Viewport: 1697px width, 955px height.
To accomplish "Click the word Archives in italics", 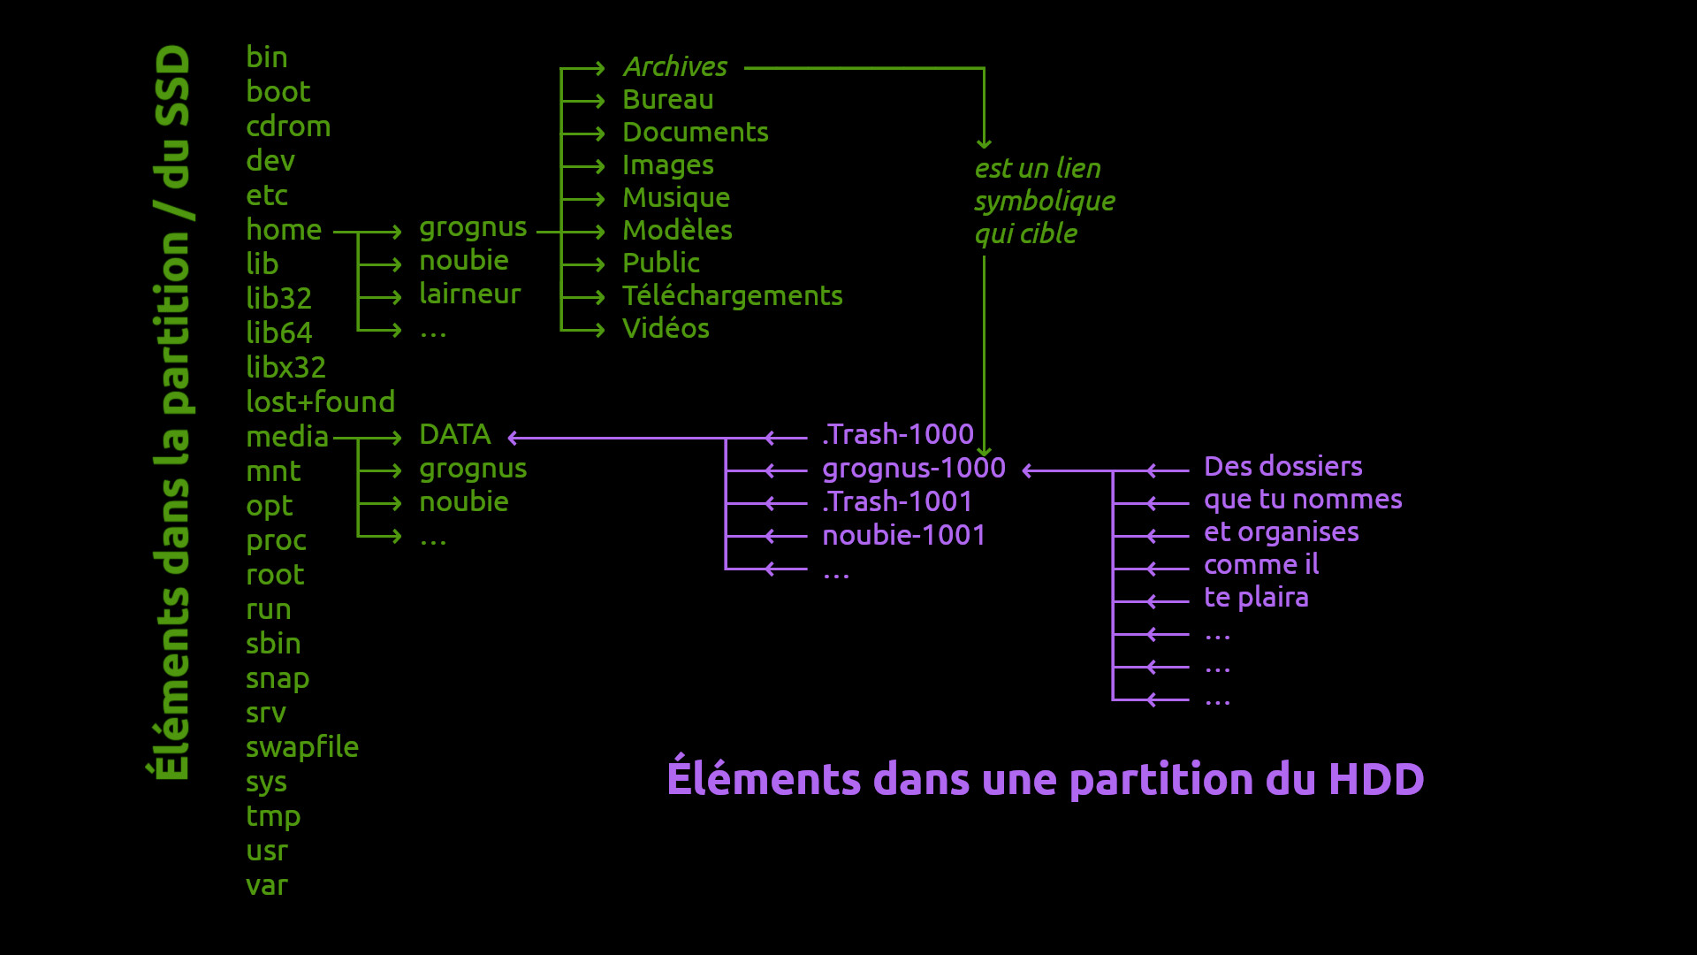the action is point(675,66).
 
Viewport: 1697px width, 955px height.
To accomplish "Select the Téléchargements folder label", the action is point(733,295).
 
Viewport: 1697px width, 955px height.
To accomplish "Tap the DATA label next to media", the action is point(455,434).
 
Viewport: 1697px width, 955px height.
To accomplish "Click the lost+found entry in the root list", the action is point(320,401).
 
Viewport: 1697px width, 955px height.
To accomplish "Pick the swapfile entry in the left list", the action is point(302,747).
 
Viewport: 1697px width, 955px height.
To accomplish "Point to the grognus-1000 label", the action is point(914,468).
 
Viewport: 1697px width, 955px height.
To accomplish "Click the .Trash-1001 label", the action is point(897,501).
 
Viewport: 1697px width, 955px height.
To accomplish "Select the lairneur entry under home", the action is point(470,294).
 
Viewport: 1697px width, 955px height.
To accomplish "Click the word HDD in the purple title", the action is point(1376,779).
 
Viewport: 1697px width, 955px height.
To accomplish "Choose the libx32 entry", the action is point(286,367).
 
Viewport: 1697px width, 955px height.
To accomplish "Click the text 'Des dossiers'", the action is point(1283,466).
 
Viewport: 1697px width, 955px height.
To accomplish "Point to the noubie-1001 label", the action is point(904,535).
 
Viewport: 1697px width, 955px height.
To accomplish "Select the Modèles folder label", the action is point(678,230).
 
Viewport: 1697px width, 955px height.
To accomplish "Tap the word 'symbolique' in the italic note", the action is point(1045,201).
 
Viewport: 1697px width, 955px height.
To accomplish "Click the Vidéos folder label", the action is point(666,328).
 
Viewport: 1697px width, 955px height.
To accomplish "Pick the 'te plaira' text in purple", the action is point(1256,597).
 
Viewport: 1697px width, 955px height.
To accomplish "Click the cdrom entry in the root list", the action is point(288,126).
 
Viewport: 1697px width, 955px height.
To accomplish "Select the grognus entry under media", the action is point(473,469).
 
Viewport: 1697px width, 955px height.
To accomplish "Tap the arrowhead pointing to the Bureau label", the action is point(599,101).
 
